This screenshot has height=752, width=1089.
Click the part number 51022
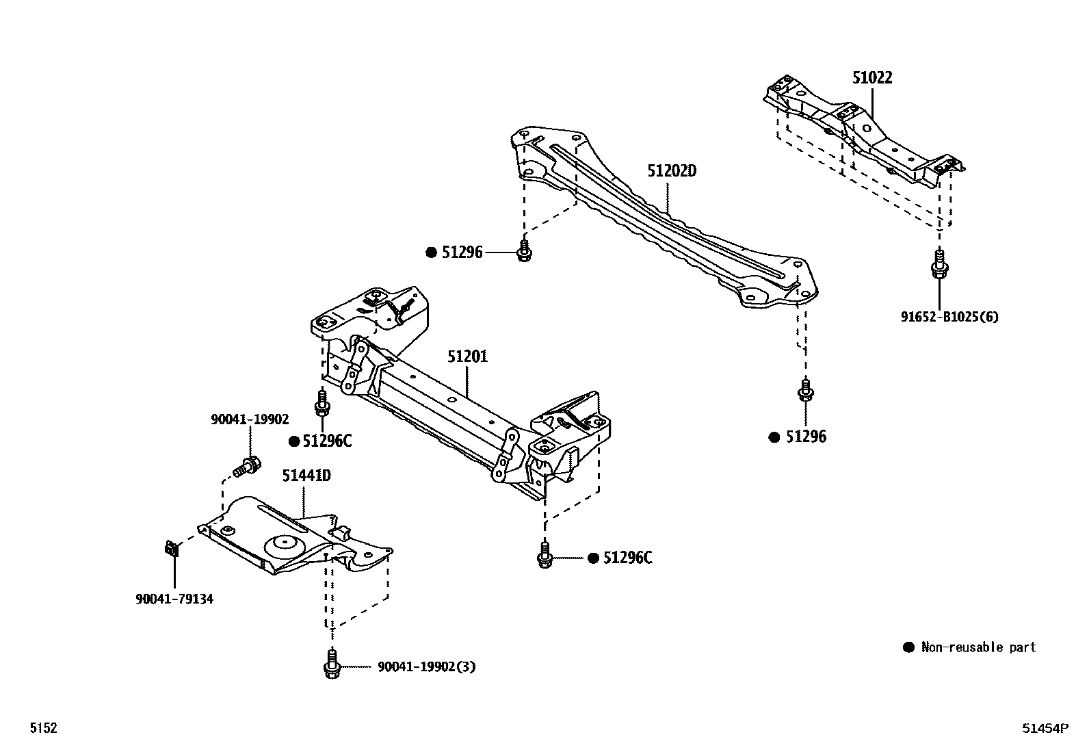pos(872,78)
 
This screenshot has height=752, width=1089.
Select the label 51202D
pos(672,170)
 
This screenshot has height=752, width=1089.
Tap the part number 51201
pos(468,356)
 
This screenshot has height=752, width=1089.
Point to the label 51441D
pos(306,475)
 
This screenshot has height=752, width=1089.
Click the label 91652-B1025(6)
pos(949,317)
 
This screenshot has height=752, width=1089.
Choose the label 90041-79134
pos(174,599)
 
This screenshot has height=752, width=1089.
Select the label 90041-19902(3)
pos(426,666)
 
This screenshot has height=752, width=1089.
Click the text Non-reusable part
pos(978,647)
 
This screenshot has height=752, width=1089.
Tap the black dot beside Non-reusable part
pos(908,647)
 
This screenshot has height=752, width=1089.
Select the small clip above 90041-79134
pos(172,548)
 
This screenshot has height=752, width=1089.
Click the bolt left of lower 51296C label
pos(544,556)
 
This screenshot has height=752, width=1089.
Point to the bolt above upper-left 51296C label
pos(322,403)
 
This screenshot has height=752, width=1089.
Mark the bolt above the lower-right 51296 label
pos(806,391)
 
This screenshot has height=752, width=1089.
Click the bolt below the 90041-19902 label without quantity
pos(247,468)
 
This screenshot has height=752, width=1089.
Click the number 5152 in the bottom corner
pos(43,728)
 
